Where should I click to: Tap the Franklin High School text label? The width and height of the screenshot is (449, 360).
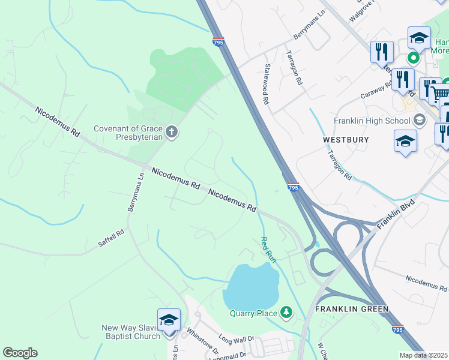372,121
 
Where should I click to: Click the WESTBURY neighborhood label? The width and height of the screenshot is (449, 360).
346,139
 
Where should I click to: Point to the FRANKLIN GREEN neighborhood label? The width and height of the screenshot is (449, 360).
352,309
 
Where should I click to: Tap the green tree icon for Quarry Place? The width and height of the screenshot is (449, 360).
287,312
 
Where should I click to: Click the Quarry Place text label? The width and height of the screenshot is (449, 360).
253,313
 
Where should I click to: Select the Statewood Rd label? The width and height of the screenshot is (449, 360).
265,85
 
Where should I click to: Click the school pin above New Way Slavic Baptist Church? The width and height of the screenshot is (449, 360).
169,319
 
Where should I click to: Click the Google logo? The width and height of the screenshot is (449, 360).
20,353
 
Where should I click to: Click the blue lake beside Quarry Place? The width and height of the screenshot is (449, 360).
249,285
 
